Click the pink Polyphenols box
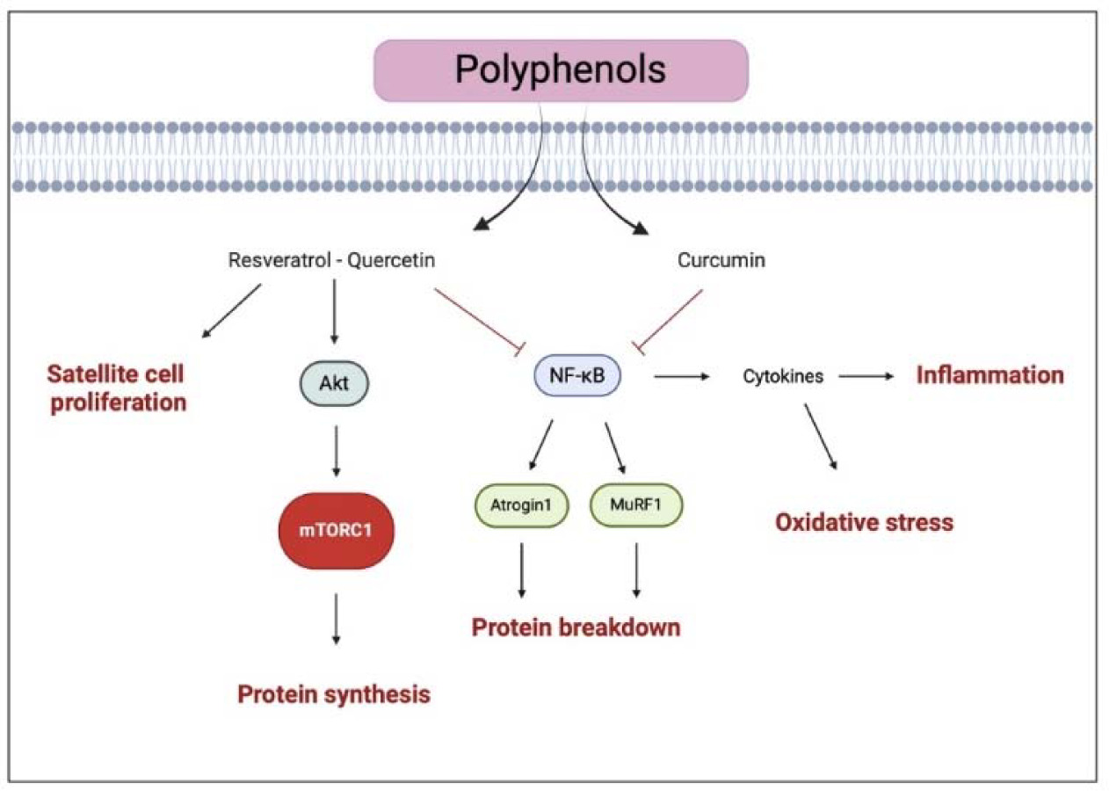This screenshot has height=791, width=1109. pos(561,69)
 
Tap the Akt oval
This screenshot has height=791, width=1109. pos(333,383)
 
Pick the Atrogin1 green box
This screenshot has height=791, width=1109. pos(521,505)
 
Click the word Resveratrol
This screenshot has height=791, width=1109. pos(270,260)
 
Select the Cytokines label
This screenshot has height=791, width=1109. pos(784,376)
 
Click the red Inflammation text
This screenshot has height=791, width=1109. pos(989,375)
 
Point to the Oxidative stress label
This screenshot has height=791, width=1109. pos(864,522)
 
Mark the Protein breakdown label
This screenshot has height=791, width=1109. pos(576,628)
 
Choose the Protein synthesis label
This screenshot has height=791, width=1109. pos(334,694)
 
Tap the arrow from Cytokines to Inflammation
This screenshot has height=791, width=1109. pos(866,376)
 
